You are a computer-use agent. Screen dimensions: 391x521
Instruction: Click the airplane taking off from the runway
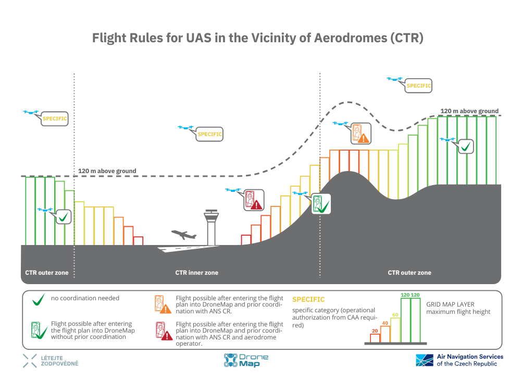[x=183, y=235]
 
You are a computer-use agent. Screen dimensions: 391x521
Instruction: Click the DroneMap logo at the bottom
[x=246, y=360]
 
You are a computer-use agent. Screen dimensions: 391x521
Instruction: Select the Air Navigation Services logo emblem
[x=424, y=360]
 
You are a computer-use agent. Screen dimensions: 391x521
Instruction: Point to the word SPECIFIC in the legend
[x=308, y=300]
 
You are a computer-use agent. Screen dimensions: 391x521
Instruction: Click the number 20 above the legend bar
[x=375, y=331]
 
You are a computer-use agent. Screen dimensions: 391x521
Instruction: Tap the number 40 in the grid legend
[x=385, y=323]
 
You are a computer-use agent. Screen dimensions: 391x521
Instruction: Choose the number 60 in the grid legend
[x=395, y=315]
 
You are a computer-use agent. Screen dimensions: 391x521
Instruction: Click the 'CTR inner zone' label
[x=196, y=273]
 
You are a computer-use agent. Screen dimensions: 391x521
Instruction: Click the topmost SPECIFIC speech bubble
[x=419, y=85]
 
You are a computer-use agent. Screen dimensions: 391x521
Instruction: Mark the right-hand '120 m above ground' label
[x=469, y=111]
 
